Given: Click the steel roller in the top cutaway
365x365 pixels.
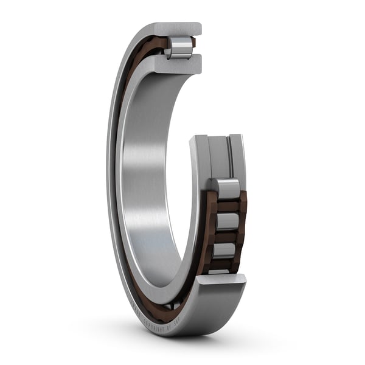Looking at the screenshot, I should (181, 47).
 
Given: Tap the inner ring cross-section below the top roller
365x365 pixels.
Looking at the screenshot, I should (179, 64).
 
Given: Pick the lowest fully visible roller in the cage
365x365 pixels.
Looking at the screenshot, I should (224, 249).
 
